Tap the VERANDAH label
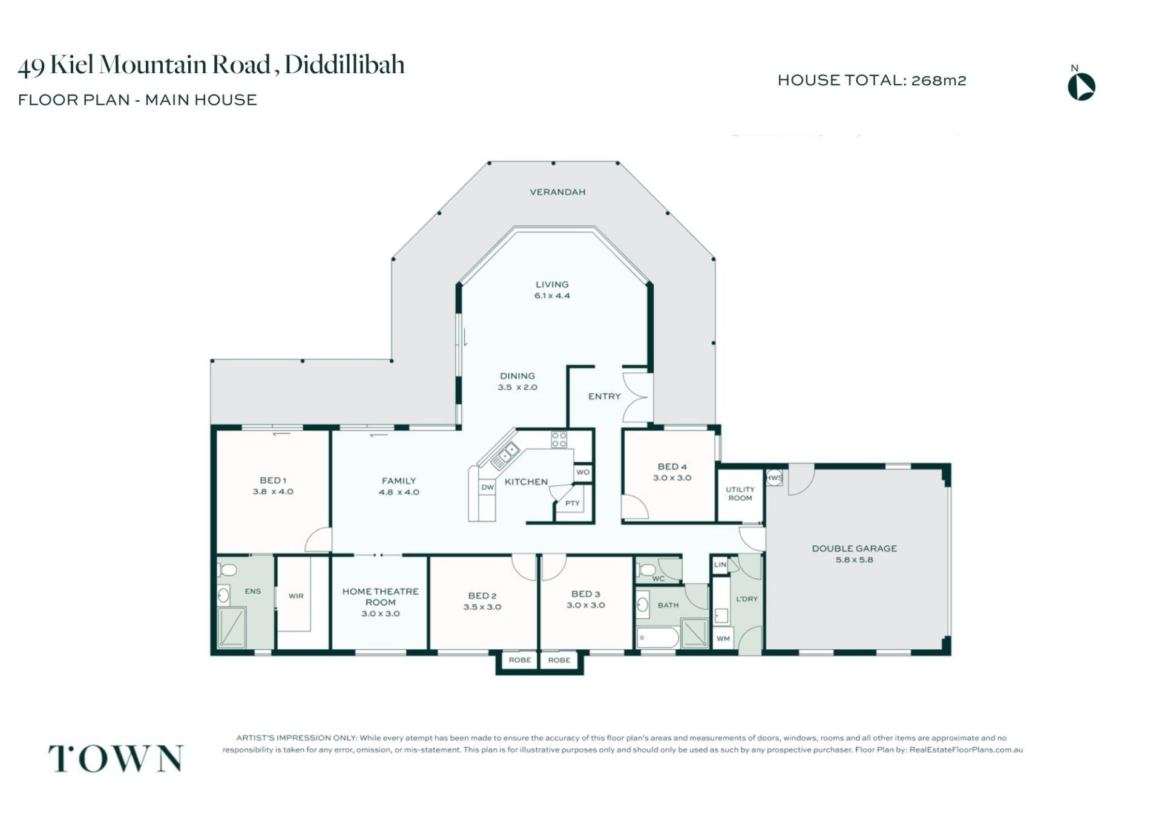[x=557, y=192]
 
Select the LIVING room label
[x=552, y=284]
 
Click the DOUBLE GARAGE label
[x=854, y=549]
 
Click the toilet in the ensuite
[x=226, y=569]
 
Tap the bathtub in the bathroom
[x=657, y=638]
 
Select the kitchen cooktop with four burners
[x=559, y=439]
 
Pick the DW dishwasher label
[x=488, y=487]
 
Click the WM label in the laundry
[x=723, y=639]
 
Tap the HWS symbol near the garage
[x=774, y=477]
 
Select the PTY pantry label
[x=573, y=503]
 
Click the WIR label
[x=296, y=596]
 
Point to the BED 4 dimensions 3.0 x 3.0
[x=672, y=478]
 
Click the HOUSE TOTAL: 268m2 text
[x=871, y=80]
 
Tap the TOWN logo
[x=115, y=758]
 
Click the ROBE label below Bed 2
[x=520, y=660]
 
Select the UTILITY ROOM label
[x=740, y=494]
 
